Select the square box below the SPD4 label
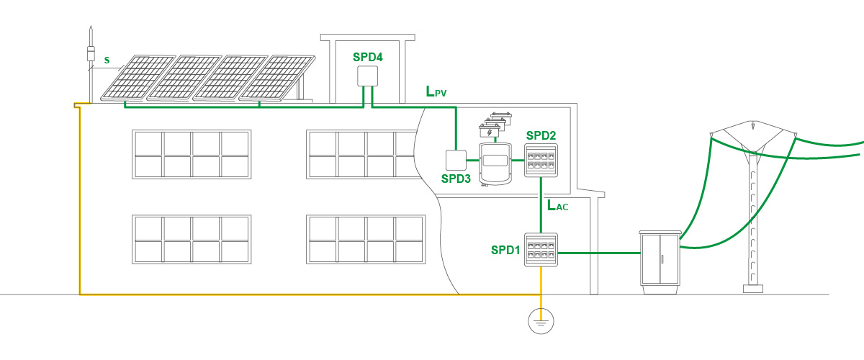369,76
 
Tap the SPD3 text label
456,179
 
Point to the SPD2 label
541,135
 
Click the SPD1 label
506,250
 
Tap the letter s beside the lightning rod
107,62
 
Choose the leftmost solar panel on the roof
138,76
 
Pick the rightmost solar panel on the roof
282,76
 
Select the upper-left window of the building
192,154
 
